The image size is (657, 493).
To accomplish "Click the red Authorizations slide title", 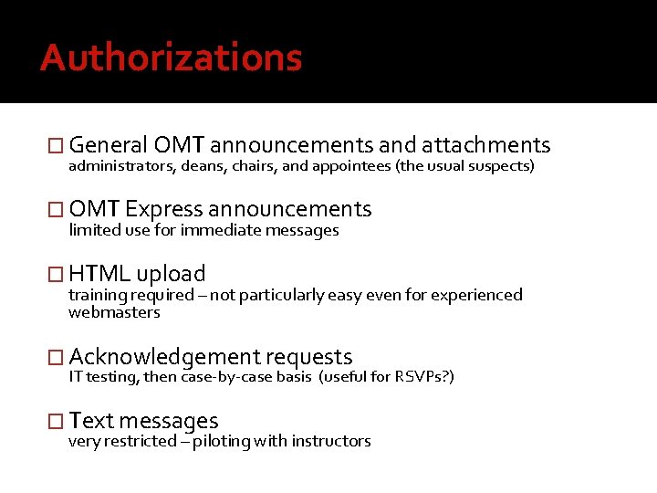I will (x=171, y=58).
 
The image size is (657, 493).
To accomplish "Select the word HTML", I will (x=99, y=273).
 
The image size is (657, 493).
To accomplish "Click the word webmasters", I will (x=114, y=312).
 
